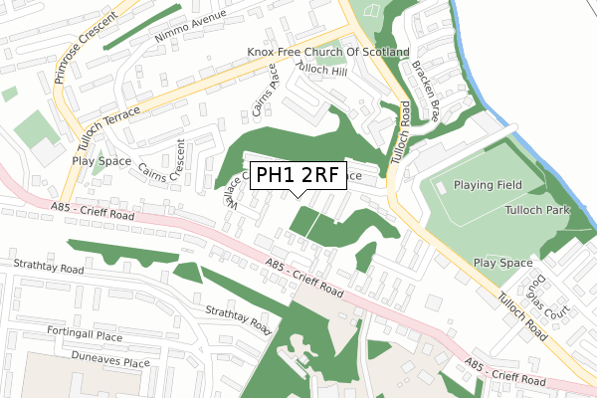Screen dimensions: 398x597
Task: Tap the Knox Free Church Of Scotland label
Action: click(328, 51)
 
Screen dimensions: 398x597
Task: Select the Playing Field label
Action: click(489, 186)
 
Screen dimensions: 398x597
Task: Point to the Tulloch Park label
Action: click(535, 211)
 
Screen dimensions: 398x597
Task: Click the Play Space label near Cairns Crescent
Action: click(100, 159)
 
